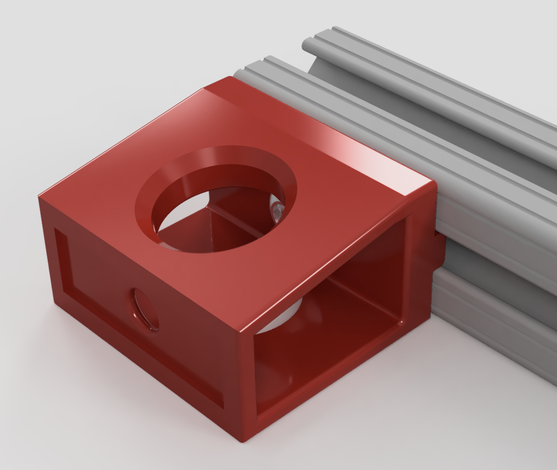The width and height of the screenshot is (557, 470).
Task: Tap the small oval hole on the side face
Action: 144,309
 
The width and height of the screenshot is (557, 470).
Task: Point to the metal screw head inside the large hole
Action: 277,210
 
